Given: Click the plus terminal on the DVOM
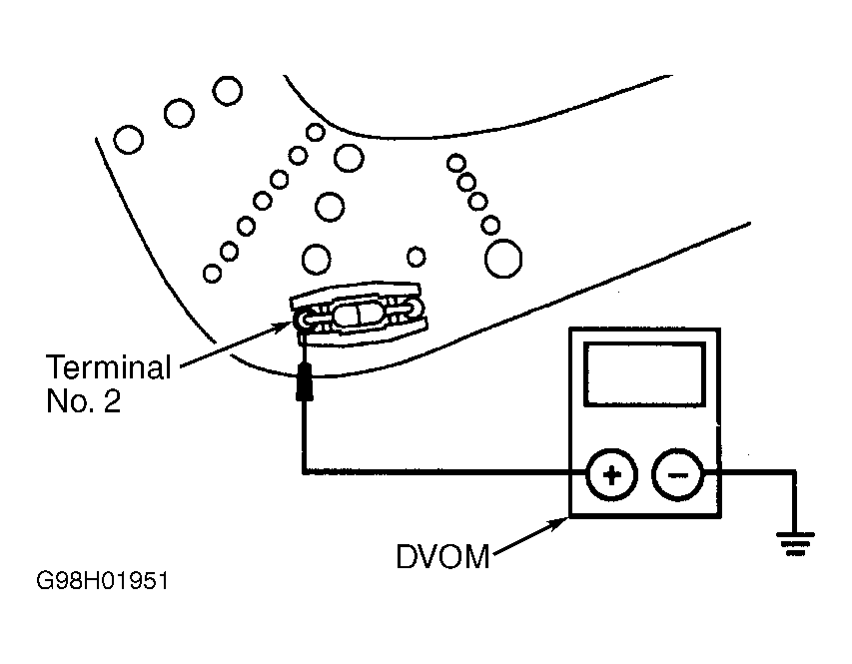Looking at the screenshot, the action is [612, 475].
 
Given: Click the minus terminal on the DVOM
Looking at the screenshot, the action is [677, 475].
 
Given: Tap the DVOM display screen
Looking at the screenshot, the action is [644, 373].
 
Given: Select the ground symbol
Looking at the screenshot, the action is [795, 543].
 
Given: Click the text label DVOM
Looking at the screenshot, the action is [442, 557].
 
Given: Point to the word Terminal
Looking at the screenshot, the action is [109, 366].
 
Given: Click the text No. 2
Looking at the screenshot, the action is [83, 401].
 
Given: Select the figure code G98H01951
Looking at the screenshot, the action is [102, 581].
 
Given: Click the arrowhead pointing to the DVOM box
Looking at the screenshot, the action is [558, 523].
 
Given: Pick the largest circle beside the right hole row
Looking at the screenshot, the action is [503, 259].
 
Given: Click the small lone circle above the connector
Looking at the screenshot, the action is [417, 257].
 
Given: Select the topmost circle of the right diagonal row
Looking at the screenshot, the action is [456, 163].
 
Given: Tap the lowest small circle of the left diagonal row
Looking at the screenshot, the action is [212, 274].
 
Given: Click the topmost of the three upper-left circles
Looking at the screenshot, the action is [227, 91].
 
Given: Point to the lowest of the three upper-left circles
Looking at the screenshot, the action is [129, 140].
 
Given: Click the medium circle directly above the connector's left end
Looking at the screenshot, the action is [317, 260].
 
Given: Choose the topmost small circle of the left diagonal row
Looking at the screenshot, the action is [316, 132].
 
